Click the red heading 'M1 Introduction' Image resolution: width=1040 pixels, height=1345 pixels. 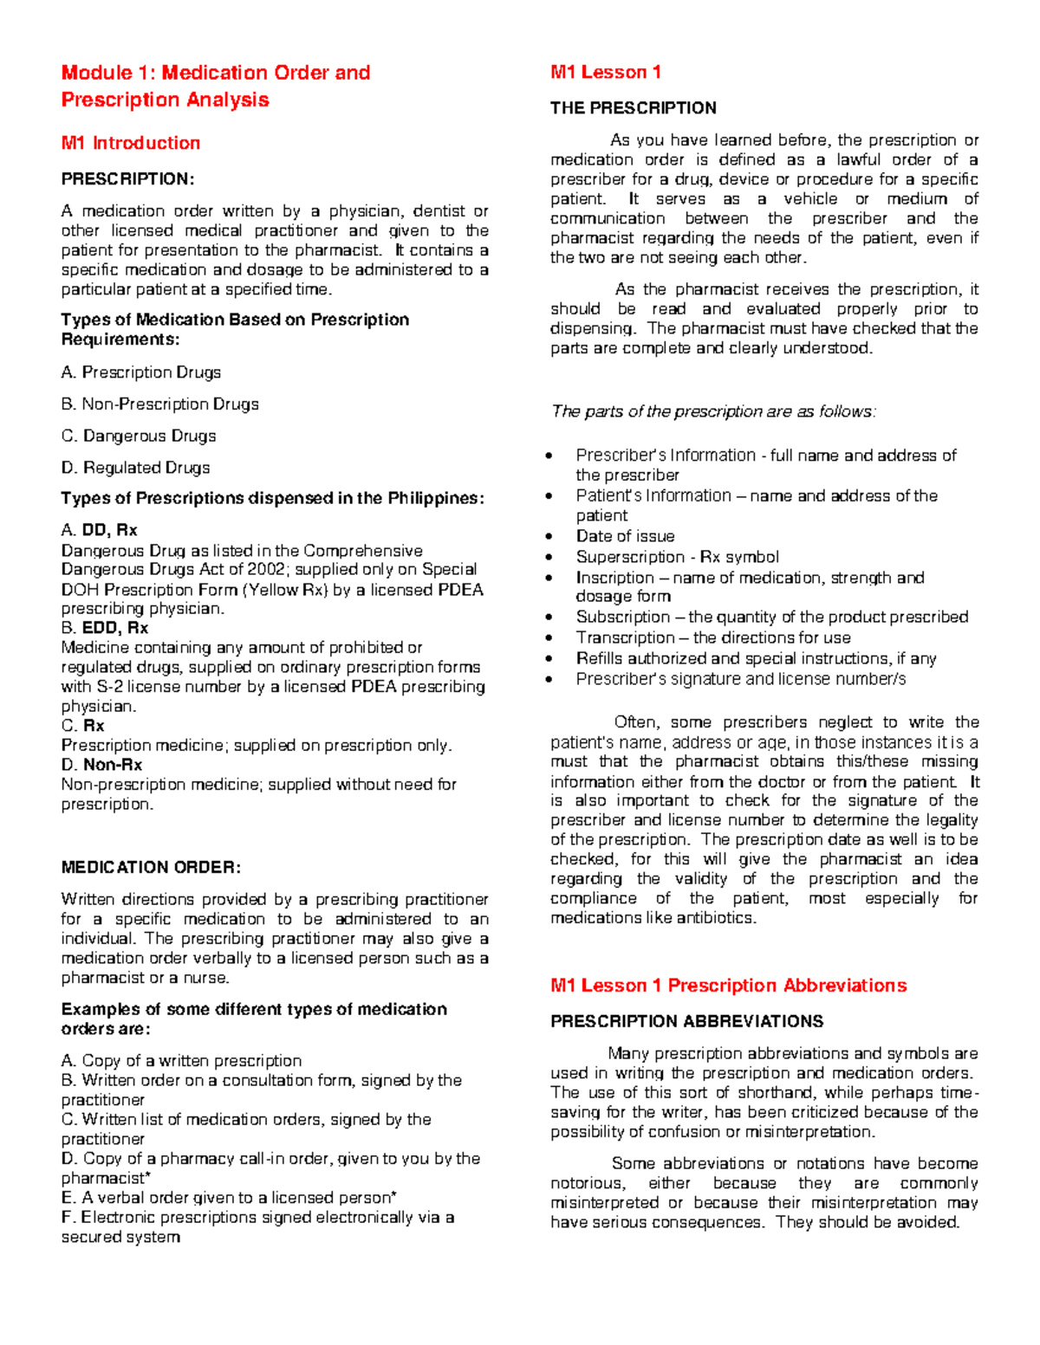130,143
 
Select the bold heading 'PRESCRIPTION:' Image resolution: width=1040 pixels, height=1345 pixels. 127,179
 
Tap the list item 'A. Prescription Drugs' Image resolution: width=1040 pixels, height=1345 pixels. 140,372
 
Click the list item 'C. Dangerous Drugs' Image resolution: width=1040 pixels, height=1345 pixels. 138,436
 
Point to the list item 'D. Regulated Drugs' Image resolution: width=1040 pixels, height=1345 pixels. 135,468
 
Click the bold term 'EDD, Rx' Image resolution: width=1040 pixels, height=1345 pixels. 115,628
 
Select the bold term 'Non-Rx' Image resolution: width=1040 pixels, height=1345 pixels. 113,765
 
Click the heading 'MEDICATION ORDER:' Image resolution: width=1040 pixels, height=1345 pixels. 151,867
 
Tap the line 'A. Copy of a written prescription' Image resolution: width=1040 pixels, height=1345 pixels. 181,1061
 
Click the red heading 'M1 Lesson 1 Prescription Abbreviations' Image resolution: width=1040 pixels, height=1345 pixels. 728,986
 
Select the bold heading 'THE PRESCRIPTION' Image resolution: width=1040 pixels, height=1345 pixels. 633,108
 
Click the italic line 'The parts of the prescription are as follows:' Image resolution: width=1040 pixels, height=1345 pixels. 713,411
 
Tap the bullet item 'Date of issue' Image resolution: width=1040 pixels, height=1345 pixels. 625,536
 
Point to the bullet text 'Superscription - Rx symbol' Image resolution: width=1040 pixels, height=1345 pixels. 677,557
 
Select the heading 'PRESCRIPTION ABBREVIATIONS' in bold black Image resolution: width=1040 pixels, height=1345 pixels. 686,1022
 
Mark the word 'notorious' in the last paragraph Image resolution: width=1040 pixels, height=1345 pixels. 586,1183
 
